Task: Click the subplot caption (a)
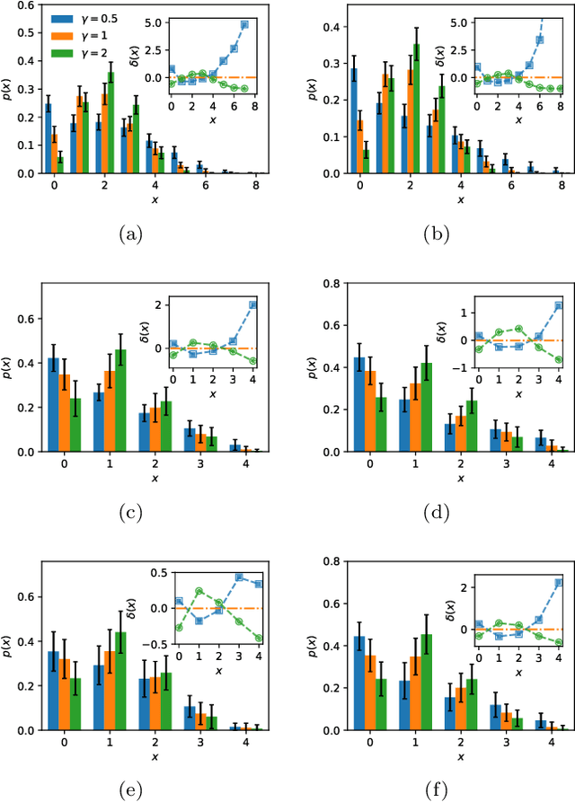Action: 131,234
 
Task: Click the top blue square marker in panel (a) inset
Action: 243,25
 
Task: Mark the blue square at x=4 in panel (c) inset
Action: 252,304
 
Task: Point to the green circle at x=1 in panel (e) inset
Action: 199,591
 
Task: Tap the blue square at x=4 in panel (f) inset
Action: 559,583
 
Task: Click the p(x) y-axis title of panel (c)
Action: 7,368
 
